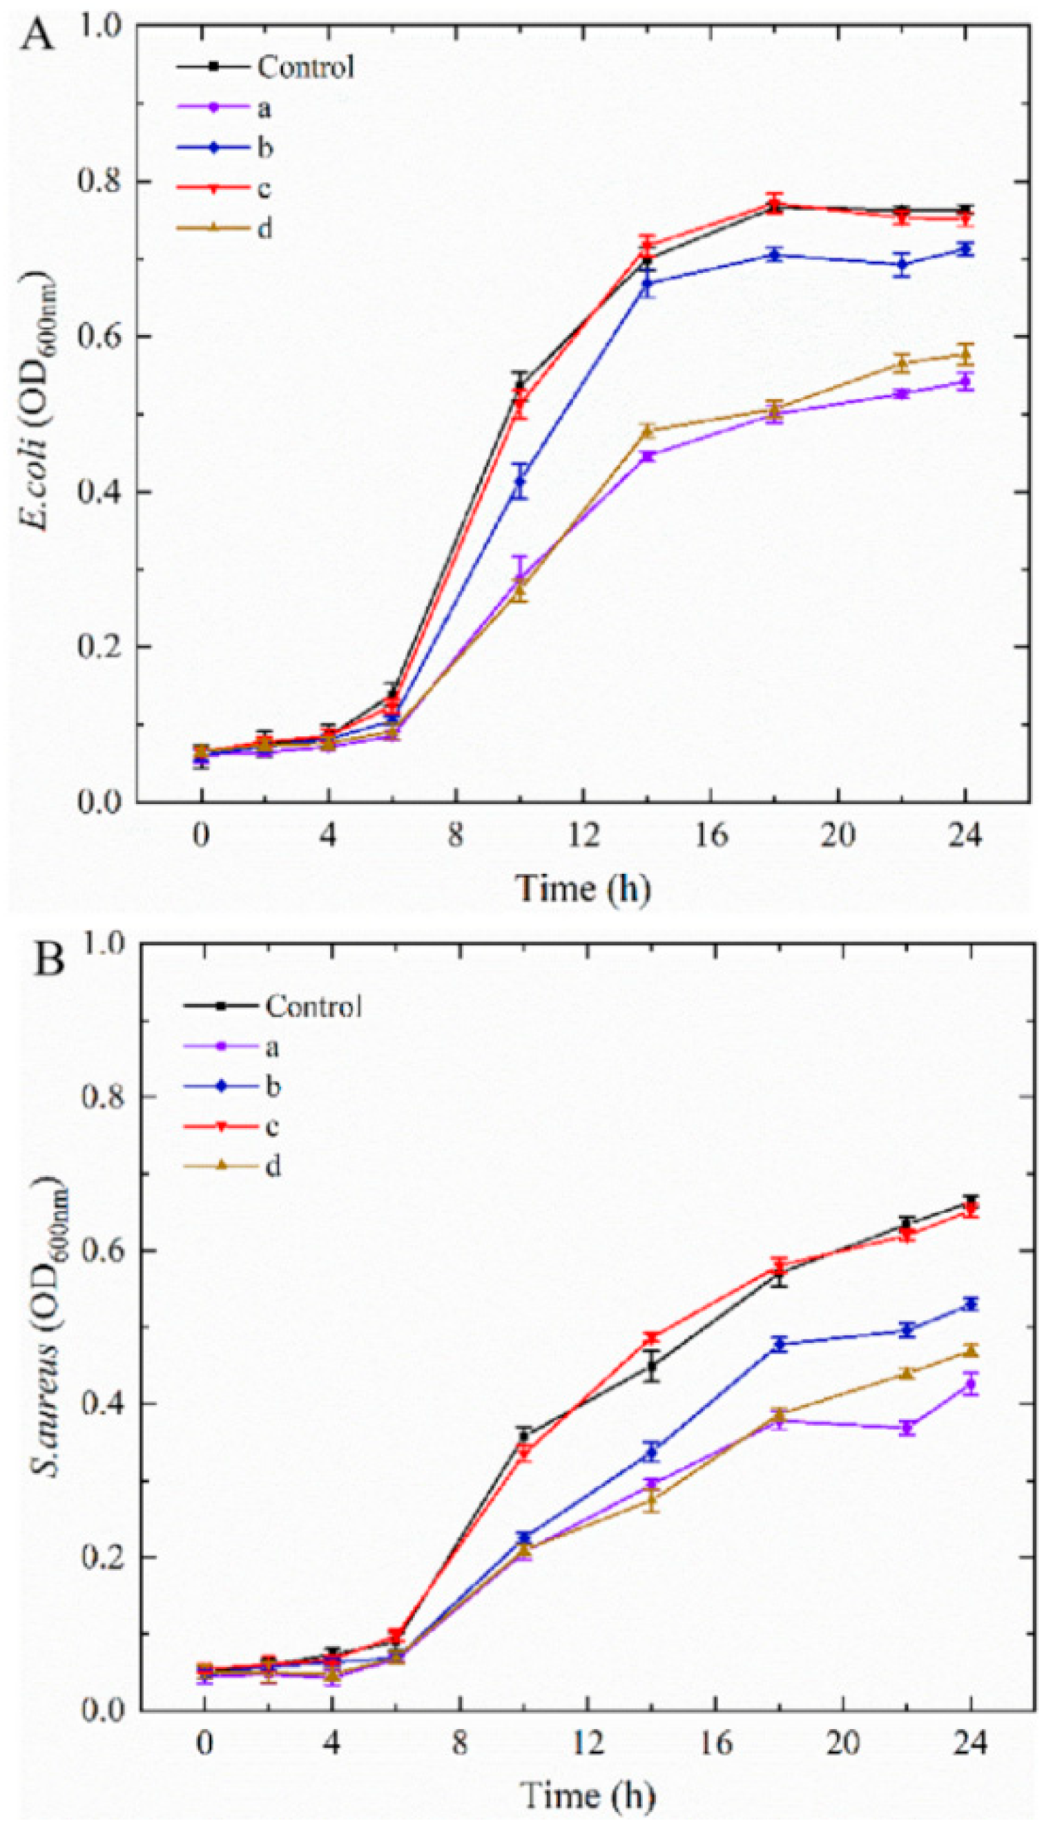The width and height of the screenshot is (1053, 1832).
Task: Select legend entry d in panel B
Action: tap(273, 1166)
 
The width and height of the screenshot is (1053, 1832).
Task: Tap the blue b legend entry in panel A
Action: tap(264, 149)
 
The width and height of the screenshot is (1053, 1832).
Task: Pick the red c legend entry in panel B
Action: tap(273, 1126)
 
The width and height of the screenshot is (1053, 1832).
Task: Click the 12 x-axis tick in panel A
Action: tap(583, 836)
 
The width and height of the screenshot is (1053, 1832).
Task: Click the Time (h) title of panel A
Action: tap(583, 888)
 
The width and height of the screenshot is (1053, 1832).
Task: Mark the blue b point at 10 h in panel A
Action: tap(520, 481)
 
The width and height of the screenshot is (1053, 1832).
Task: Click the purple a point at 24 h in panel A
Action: tap(965, 382)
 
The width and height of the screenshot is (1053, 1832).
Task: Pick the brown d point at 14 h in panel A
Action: tap(647, 431)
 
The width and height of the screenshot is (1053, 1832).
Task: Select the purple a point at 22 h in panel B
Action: tap(907, 1428)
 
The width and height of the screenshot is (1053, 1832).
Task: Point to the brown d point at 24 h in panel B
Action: tap(971, 1350)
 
